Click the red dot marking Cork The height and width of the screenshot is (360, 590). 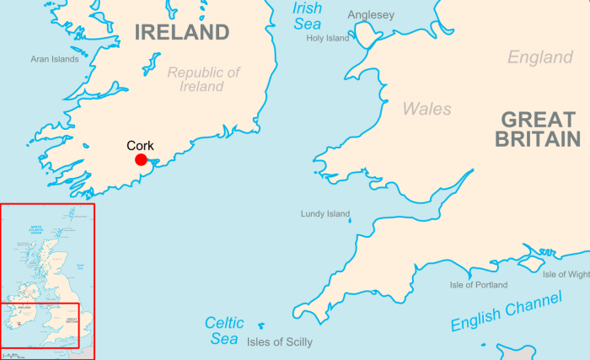click(141, 159)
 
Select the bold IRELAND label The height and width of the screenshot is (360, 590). click(181, 33)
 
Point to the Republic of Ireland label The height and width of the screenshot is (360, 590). click(203, 79)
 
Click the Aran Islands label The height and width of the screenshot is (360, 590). click(55, 59)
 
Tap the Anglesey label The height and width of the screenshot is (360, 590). click(370, 14)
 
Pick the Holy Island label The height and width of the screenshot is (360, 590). click(327, 38)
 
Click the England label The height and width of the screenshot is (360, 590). click(539, 57)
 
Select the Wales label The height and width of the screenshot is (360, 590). click(426, 109)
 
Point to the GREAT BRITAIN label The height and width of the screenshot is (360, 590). click(537, 130)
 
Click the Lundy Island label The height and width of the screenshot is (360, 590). click(325, 214)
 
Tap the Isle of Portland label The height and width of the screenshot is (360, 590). click(479, 285)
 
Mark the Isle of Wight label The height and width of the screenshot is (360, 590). click(566, 274)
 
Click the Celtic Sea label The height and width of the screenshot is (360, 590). click(225, 330)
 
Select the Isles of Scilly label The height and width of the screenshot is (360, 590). click(280, 342)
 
